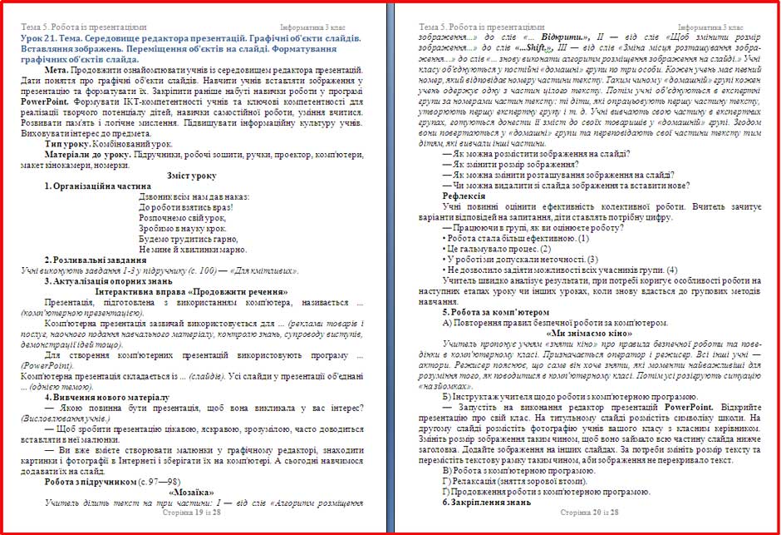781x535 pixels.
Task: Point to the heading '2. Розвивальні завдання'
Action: click(96, 260)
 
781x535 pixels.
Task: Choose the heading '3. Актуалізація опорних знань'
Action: click(110, 281)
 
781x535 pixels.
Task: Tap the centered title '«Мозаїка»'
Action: click(191, 491)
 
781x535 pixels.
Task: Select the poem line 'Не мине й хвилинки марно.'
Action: click(193, 249)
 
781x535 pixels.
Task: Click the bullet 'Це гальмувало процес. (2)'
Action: click(496, 248)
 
